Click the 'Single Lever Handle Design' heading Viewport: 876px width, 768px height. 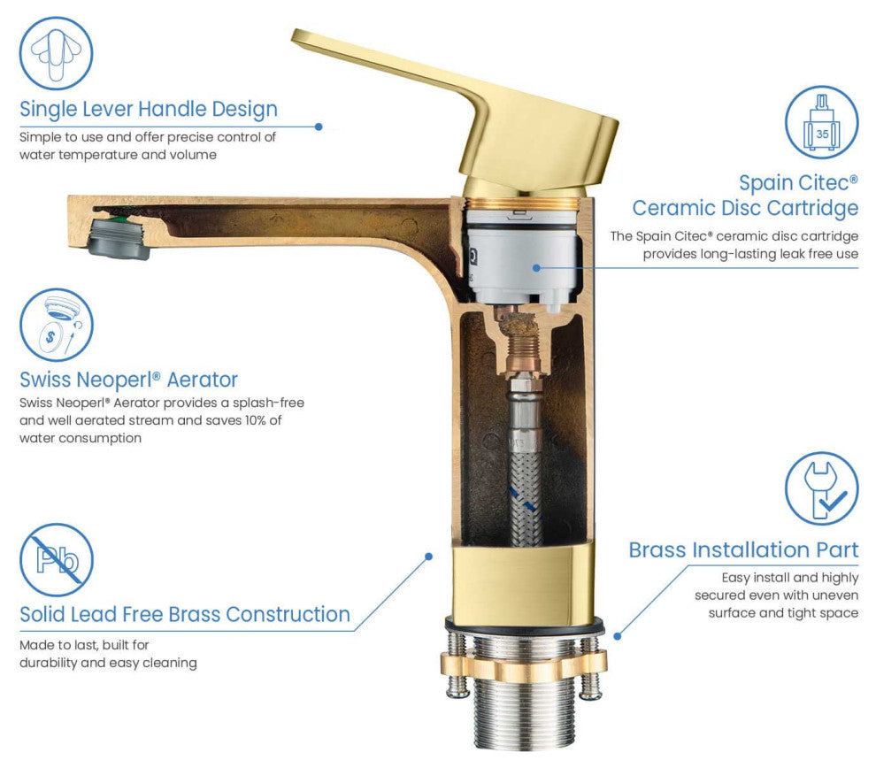149,109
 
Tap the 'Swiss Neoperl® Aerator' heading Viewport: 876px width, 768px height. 128,380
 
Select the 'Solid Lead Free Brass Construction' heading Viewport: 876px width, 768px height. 185,614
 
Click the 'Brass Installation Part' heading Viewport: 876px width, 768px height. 743,550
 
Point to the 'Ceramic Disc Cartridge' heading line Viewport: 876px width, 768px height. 745,208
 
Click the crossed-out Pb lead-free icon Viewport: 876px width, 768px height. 57,559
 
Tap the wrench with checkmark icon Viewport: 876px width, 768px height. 821,488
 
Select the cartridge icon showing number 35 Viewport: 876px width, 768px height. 821,123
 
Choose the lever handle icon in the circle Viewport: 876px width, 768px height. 57,54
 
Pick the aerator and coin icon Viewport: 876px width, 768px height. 57,325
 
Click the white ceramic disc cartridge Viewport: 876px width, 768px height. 521,255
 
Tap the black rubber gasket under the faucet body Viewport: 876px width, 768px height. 524,626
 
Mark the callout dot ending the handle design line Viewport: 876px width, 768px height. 319,127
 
